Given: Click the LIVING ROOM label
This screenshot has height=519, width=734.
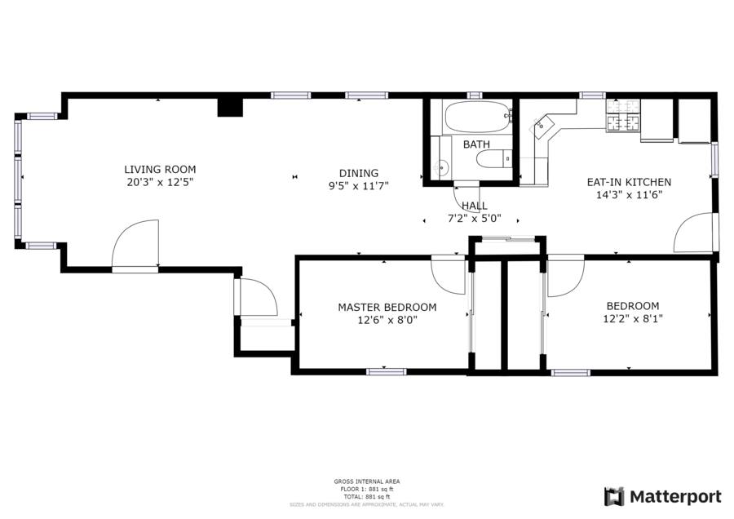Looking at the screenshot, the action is [x=160, y=170].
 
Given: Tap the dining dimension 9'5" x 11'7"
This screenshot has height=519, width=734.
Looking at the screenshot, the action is [x=359, y=186].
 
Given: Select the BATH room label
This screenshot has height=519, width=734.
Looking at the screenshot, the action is [x=476, y=144].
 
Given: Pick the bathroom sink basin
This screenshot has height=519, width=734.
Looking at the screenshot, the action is [x=441, y=166].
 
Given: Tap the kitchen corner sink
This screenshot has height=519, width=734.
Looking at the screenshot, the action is [x=542, y=126].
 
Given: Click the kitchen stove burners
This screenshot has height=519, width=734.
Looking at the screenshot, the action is [x=623, y=116].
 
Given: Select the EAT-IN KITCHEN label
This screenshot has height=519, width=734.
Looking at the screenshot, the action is [x=629, y=182].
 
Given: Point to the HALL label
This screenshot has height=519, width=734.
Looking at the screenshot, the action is [x=475, y=206].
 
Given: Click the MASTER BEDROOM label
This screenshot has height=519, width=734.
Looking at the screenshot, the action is [x=387, y=308].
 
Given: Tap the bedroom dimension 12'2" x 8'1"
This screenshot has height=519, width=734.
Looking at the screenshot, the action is [x=633, y=319].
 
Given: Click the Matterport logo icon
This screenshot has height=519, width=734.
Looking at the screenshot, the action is [x=614, y=496].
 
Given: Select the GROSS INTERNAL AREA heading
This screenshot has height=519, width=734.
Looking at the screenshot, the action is [x=367, y=481].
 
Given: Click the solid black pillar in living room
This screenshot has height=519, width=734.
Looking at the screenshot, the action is [x=230, y=106].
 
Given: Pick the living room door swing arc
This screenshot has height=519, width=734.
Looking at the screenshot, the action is [x=135, y=243].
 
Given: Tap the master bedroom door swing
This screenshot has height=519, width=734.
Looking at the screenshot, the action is [x=449, y=276].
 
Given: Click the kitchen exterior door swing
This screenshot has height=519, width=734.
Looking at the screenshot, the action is [x=694, y=233].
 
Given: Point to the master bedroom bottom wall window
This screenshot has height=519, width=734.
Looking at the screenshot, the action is [x=387, y=372].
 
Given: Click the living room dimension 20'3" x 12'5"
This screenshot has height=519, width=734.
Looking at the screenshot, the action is [x=160, y=182].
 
